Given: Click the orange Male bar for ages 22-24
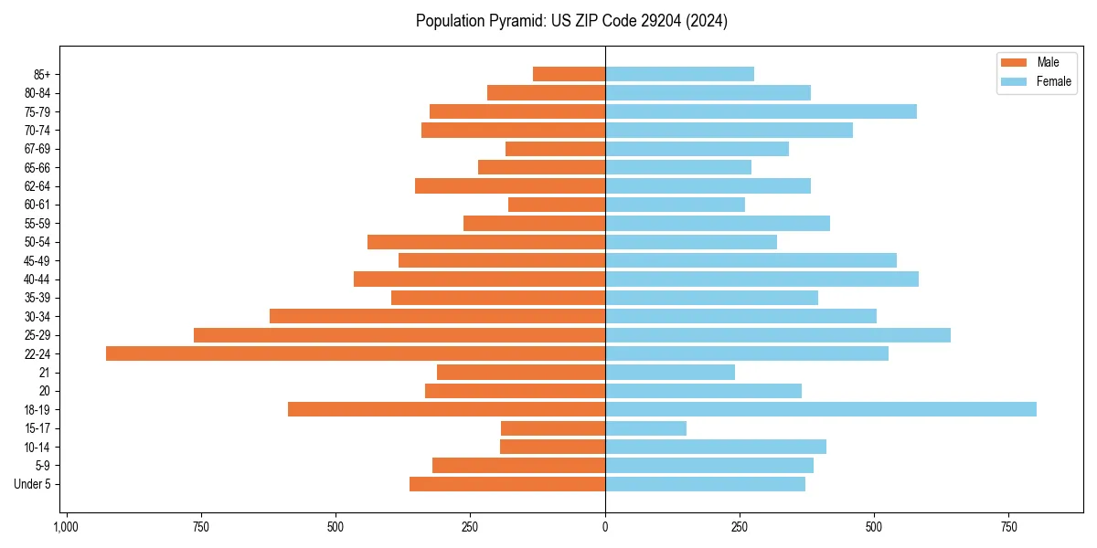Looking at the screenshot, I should click(x=356, y=353).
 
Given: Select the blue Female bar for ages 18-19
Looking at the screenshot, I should click(x=820, y=409).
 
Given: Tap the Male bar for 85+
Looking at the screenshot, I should click(x=569, y=74).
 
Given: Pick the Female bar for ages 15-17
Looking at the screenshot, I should click(x=645, y=428).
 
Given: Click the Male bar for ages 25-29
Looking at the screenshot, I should click(x=399, y=335).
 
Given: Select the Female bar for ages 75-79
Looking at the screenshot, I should click(x=761, y=111).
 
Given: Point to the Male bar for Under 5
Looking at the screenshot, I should click(x=507, y=484).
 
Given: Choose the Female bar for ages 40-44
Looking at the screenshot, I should click(x=762, y=279).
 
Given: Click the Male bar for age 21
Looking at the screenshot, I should click(x=521, y=373).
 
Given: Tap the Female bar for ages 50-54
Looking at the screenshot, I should click(x=691, y=242).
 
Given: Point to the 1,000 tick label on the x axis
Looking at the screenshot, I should click(x=66, y=528).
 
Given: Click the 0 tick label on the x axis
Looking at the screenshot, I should click(x=605, y=528).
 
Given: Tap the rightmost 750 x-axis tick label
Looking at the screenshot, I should click(x=1008, y=528).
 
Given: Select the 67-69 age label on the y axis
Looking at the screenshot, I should click(x=37, y=149).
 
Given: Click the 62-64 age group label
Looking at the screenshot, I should click(x=37, y=186).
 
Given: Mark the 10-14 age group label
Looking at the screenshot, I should click(x=37, y=447).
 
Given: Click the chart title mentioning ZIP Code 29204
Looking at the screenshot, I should click(x=571, y=21).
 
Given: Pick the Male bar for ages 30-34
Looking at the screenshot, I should click(x=437, y=316).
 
